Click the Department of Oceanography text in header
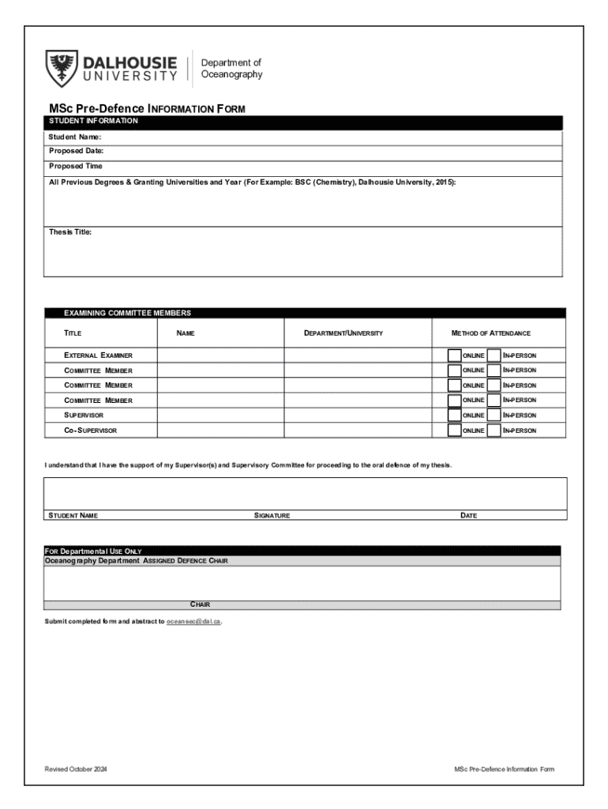(x=231, y=69)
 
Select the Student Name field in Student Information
(x=316, y=137)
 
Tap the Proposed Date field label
(x=77, y=151)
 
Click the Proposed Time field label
(x=76, y=167)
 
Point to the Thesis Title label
(x=70, y=232)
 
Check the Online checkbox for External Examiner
(x=454, y=356)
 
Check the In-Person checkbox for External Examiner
(x=494, y=356)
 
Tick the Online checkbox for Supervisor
(x=454, y=416)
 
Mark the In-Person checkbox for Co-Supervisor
(x=494, y=431)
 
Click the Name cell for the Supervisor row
(x=220, y=416)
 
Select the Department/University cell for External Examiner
(x=358, y=356)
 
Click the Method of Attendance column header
(x=491, y=333)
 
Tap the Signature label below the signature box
(x=272, y=516)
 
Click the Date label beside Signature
(x=468, y=516)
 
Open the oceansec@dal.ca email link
(x=193, y=622)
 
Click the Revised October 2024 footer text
(x=76, y=769)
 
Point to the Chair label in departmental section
(x=200, y=605)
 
